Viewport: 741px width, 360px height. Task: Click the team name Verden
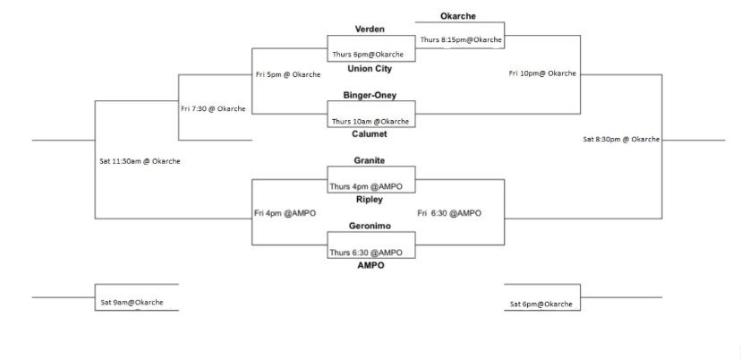(x=370, y=30)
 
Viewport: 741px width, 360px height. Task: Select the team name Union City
(x=370, y=68)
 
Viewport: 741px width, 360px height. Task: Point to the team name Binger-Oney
(x=370, y=94)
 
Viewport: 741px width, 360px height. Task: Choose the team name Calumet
(x=370, y=133)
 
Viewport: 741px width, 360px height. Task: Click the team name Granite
(x=370, y=159)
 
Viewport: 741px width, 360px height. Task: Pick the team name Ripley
(x=370, y=199)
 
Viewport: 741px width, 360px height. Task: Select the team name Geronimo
(x=370, y=226)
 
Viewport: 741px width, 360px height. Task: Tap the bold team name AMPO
(x=370, y=265)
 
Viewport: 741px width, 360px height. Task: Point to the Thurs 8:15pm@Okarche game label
(x=461, y=39)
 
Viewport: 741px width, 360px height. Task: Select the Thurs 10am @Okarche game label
(x=370, y=121)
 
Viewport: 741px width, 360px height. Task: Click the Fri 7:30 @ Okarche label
(x=213, y=108)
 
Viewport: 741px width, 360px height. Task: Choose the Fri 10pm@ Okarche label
(x=542, y=73)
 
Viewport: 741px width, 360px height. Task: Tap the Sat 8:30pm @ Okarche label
(x=621, y=139)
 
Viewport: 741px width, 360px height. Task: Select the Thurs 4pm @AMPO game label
(x=370, y=186)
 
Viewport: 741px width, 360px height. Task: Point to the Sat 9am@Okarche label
(x=132, y=303)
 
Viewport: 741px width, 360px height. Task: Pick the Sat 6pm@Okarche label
(x=541, y=304)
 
